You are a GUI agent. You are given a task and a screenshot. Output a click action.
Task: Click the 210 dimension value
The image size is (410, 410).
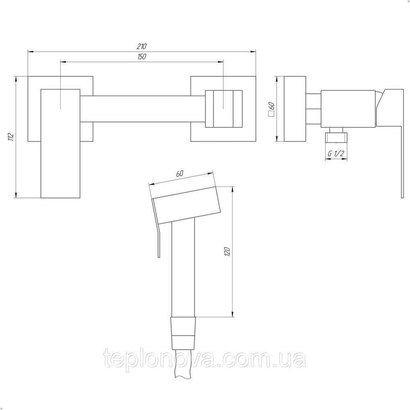tap(141, 46)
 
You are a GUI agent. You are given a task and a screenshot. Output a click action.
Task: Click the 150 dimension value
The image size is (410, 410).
tap(142, 57)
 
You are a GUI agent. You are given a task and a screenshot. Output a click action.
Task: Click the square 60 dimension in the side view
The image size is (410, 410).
tap(271, 109)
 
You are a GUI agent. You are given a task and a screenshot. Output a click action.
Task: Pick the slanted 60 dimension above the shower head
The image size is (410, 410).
tap(180, 173)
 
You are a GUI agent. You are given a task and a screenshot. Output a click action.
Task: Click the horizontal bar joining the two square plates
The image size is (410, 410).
tap(141, 108)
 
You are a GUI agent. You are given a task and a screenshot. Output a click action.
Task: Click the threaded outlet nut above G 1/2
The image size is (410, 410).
tap(336, 137)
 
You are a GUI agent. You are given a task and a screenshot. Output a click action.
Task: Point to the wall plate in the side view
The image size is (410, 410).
tap(294, 109)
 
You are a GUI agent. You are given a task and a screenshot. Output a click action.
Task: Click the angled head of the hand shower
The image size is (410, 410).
tap(187, 205)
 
